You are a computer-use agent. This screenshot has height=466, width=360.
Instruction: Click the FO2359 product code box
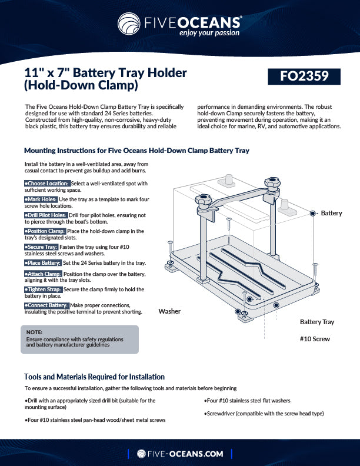(304, 76)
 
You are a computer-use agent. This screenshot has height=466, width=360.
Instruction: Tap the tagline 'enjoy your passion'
(209, 33)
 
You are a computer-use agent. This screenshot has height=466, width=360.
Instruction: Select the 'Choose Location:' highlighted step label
(47, 184)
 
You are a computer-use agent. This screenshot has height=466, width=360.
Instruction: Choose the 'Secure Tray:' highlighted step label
(41, 247)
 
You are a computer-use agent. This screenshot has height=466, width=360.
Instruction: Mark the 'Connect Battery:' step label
(46, 305)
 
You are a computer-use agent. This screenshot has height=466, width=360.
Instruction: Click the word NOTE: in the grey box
(34, 332)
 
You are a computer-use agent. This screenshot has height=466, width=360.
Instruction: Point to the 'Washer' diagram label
(169, 311)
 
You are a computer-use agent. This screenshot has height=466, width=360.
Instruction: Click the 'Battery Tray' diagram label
(316, 322)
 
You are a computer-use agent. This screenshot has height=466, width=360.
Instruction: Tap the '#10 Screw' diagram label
(315, 339)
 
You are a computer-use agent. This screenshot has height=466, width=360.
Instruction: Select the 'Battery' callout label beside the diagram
(331, 213)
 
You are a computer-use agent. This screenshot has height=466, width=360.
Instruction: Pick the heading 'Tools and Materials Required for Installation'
(94, 377)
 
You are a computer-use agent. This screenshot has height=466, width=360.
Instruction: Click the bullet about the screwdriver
(264, 414)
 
